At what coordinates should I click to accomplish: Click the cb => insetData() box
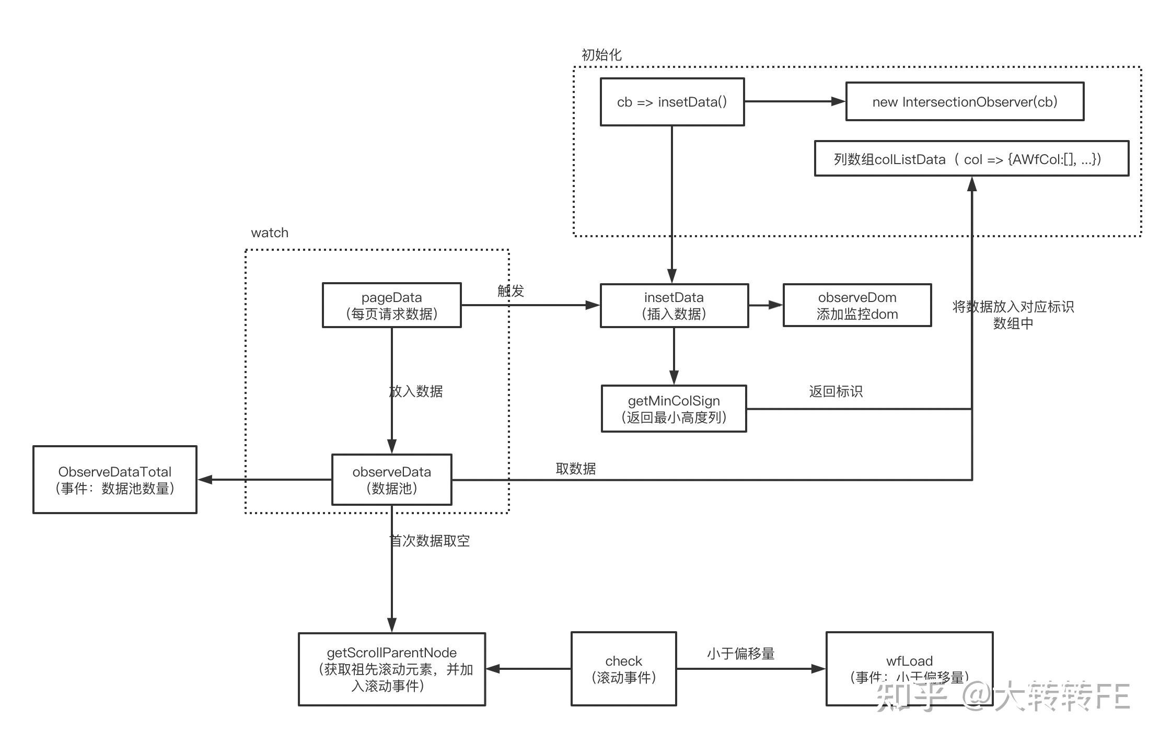point(672,102)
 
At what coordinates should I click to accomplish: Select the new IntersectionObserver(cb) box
point(965,102)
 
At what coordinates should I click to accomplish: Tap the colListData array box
point(971,159)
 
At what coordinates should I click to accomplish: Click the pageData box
point(391,306)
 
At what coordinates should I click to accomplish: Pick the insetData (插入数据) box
point(674,306)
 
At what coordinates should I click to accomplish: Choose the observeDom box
point(857,306)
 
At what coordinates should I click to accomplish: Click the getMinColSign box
point(674,409)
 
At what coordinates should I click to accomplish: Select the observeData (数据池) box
point(391,480)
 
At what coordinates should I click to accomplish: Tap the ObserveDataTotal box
point(114,480)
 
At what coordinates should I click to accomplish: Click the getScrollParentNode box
point(391,669)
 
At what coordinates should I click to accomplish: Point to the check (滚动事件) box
point(623,669)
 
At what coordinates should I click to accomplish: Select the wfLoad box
point(909,669)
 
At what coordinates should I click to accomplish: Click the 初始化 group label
point(601,55)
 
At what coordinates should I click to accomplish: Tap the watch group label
point(270,233)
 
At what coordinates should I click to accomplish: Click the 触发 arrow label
point(511,291)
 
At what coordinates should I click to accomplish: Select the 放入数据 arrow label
point(416,391)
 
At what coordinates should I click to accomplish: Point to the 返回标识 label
point(836,391)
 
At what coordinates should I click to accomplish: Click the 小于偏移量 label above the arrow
point(740,654)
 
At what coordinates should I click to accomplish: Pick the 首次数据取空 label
point(430,541)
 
